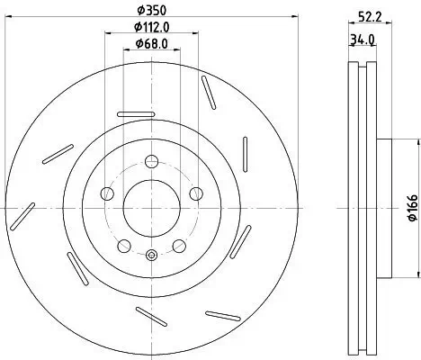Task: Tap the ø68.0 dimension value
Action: pyautogui.click(x=151, y=42)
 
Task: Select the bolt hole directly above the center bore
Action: pyautogui.click(x=151, y=162)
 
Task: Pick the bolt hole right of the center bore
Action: pyautogui.click(x=194, y=193)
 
